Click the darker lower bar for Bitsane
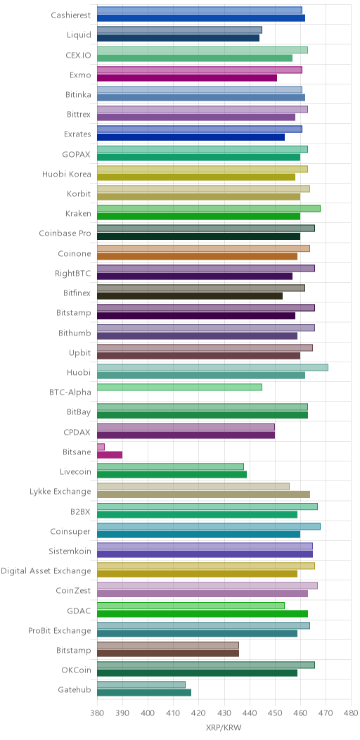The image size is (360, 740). point(110,455)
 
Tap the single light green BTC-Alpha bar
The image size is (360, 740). point(180,387)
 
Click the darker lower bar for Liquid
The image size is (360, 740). point(179,38)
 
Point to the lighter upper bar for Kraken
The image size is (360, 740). point(209,208)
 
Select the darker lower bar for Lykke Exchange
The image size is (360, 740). point(204,495)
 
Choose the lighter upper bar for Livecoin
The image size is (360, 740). point(171,466)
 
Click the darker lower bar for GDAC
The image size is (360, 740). point(202,613)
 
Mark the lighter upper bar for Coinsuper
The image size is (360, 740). point(209,526)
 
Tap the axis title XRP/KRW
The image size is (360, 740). point(224,728)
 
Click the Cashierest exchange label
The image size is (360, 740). point(71,15)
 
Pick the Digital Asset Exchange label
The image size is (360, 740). point(46,571)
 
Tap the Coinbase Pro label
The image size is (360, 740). point(65,234)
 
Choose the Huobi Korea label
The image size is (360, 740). point(67,174)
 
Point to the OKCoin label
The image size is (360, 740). point(77,670)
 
